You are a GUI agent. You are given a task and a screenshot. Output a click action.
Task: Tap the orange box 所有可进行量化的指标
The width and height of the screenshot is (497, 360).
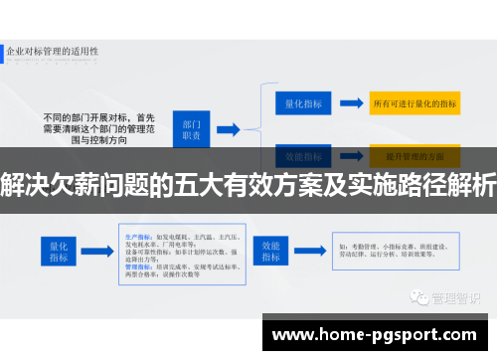point(414,102)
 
